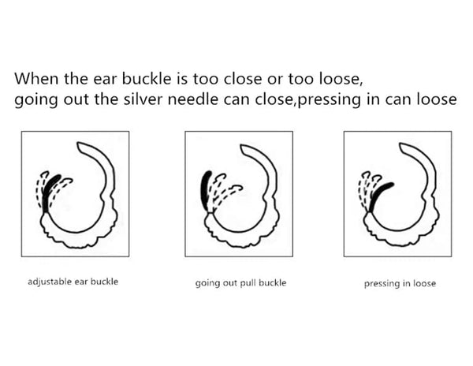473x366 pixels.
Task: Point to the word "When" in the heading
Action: pyautogui.click(x=36, y=78)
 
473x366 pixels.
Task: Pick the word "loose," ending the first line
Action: pyautogui.click(x=341, y=79)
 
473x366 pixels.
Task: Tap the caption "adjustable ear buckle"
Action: pyautogui.click(x=73, y=282)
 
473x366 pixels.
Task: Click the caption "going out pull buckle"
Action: pyautogui.click(x=240, y=283)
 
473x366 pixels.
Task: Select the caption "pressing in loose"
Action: pyautogui.click(x=400, y=284)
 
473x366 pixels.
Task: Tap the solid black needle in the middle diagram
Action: pyautogui.click(x=205, y=190)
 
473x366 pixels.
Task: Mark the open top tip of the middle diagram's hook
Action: pyautogui.click(x=242, y=147)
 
